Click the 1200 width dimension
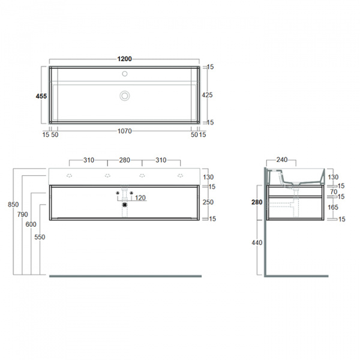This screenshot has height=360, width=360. (125, 59)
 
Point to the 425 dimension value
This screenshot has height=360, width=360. (207, 95)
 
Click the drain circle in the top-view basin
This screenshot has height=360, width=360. (125, 95)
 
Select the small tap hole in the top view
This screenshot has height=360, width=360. (125, 75)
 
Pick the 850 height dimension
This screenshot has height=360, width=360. (13, 205)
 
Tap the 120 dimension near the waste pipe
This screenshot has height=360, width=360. (140, 198)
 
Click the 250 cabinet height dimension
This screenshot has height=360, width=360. (208, 202)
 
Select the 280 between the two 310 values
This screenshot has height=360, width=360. (125, 160)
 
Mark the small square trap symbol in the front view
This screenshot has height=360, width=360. (125, 205)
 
